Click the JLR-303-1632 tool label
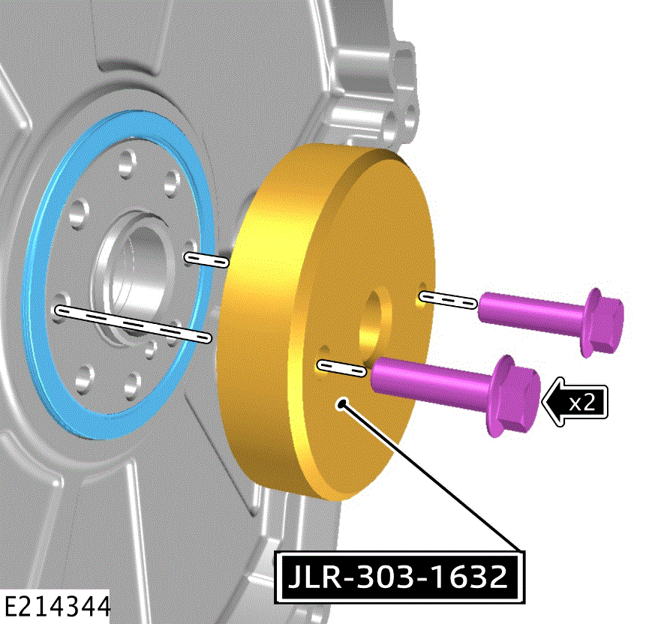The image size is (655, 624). (x=399, y=577)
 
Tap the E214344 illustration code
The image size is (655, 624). (x=56, y=607)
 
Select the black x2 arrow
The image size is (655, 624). (x=575, y=402)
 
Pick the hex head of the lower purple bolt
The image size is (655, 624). (x=512, y=396)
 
